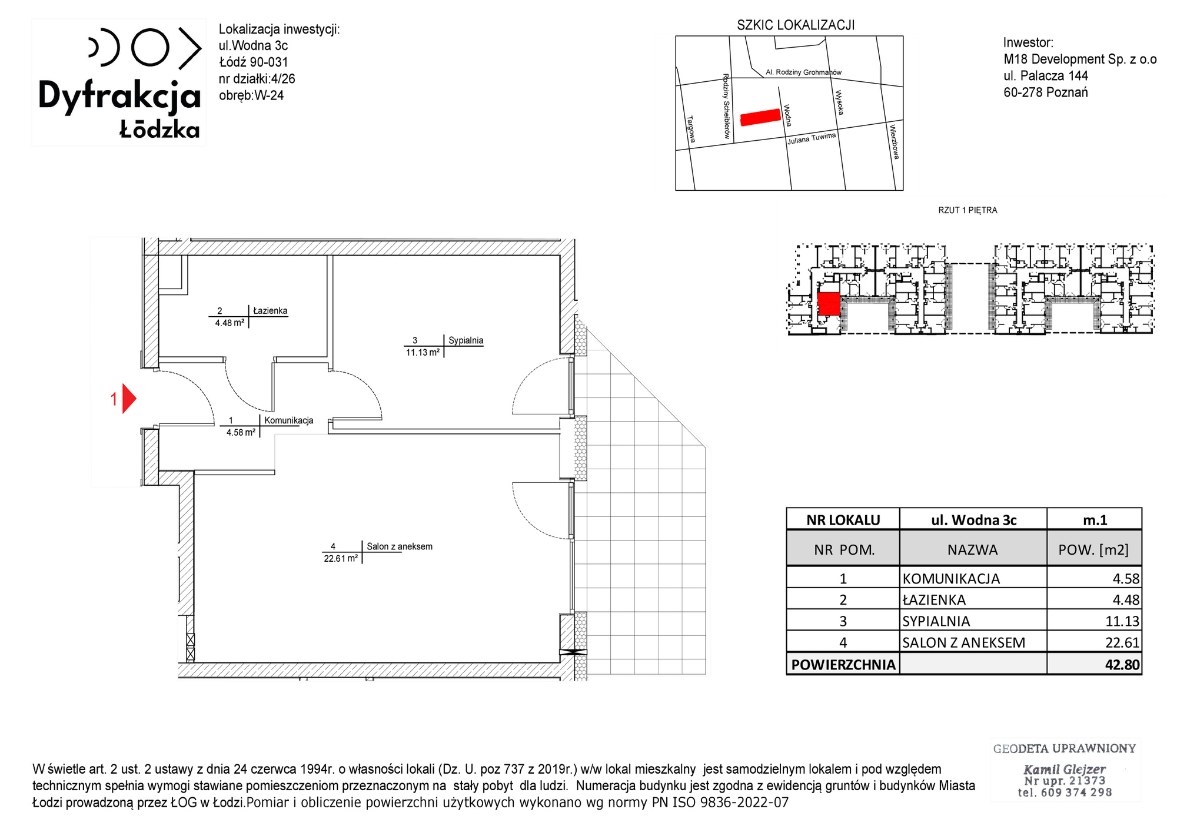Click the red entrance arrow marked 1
(128, 399)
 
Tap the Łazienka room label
(270, 310)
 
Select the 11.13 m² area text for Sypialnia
(423, 352)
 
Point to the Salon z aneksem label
(400, 546)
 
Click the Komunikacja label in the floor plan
(289, 420)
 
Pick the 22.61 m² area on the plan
(341, 558)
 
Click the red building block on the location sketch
(760, 117)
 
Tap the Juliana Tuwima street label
(812, 138)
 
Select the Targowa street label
(691, 129)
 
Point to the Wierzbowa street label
(895, 141)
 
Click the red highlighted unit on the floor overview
(829, 304)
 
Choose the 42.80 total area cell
(1122, 665)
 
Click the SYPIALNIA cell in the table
(936, 621)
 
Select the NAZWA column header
(972, 550)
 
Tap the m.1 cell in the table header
(1095, 520)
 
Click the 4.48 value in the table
(1126, 600)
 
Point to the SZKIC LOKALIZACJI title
(796, 25)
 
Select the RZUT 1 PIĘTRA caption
(967, 210)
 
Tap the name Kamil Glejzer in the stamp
(1065, 769)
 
